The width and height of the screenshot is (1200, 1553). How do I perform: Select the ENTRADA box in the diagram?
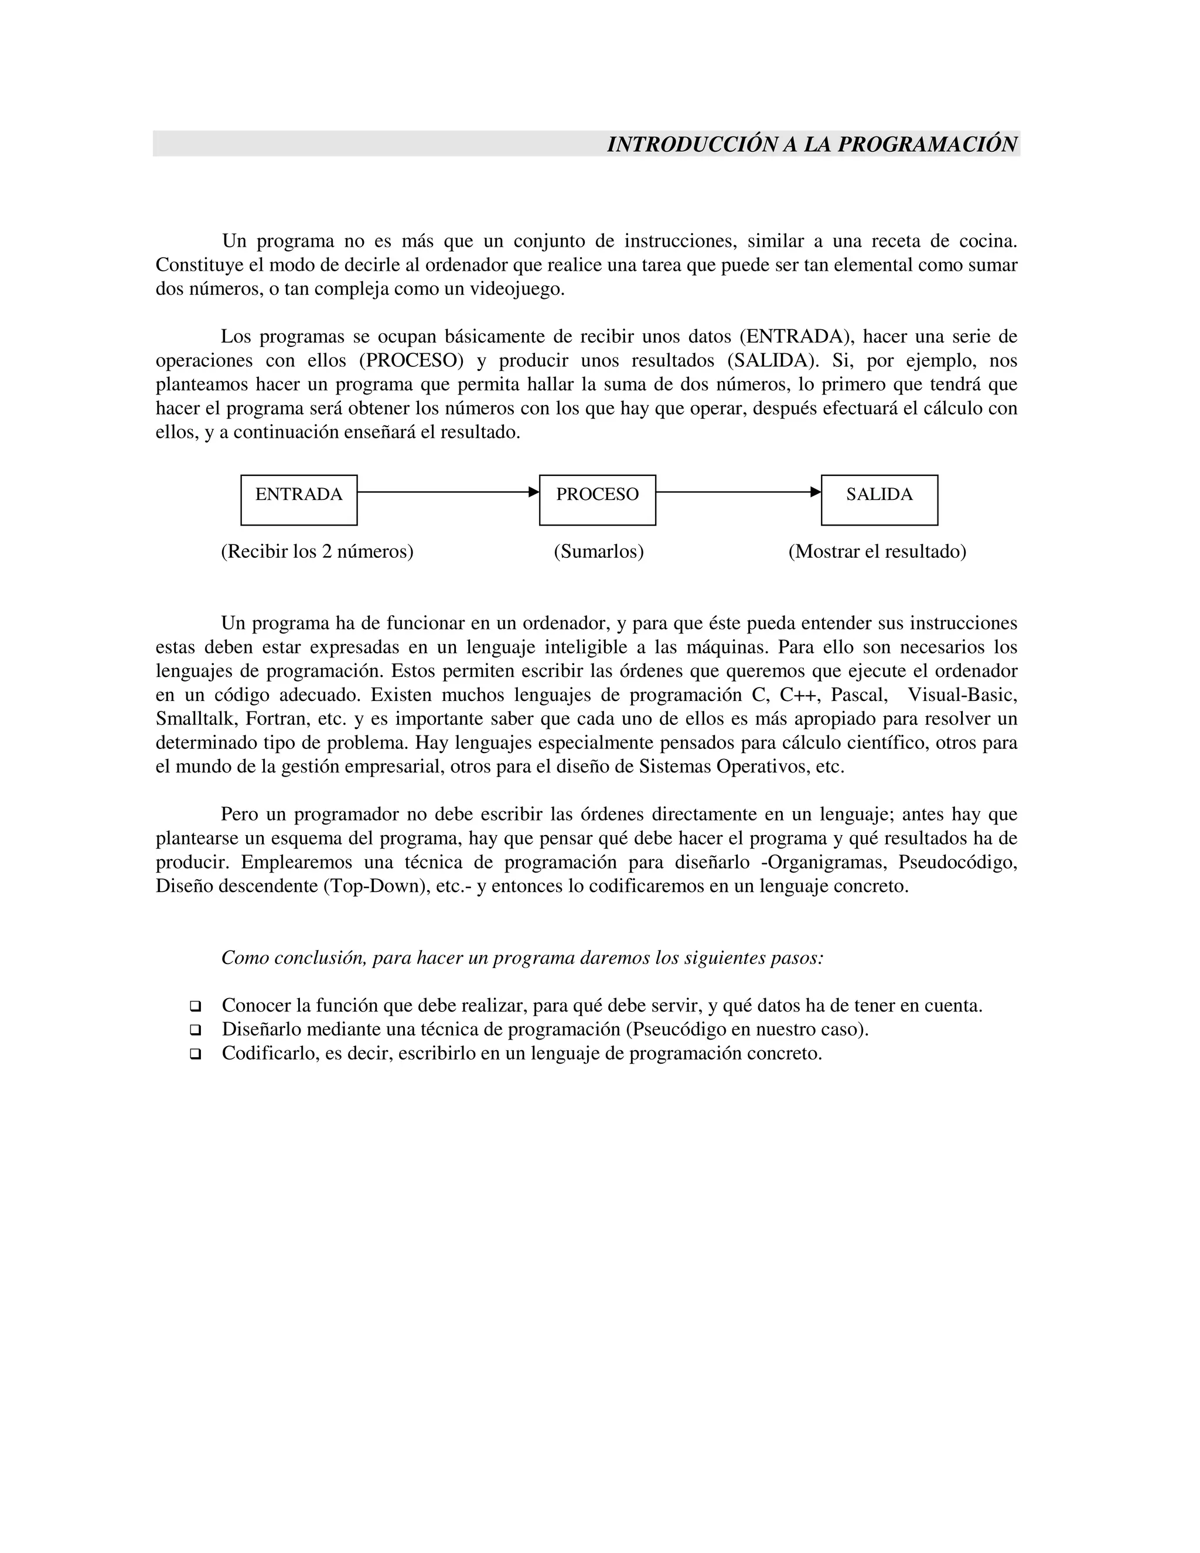299,500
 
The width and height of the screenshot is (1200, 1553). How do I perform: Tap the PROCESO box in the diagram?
597,500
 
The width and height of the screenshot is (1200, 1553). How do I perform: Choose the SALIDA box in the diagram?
879,500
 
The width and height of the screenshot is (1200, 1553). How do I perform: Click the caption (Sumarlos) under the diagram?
599,552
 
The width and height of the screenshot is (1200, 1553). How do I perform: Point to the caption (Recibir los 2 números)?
317,552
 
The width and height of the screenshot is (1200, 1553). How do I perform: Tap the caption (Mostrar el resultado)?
877,552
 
